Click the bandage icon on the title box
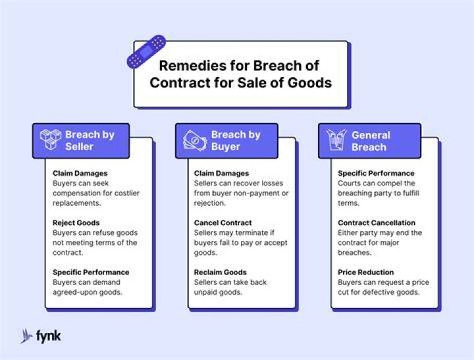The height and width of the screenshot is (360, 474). tap(146, 52)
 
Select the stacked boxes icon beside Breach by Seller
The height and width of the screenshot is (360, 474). tap(51, 140)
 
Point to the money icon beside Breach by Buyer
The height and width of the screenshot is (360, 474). tap(195, 140)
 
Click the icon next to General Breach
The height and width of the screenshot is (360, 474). tap(336, 140)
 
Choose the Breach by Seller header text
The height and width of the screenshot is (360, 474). tap(90, 141)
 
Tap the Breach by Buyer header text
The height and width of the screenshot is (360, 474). tap(236, 141)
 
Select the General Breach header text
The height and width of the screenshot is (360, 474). tap(371, 141)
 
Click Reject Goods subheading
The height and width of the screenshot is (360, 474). tap(76, 222)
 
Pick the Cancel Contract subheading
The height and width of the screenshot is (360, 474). tap(223, 222)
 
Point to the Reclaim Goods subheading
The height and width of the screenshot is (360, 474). tap(220, 272)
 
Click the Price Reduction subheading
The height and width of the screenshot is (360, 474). tap(366, 272)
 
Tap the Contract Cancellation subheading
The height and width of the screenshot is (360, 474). tap(377, 222)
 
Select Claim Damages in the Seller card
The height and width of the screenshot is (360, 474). tap(80, 173)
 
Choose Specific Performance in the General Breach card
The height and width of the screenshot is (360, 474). tap(376, 173)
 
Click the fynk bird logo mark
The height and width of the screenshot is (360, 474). tap(26, 336)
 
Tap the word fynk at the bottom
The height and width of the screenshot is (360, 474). tap(48, 336)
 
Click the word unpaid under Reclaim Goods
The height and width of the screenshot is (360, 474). tap(205, 292)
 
